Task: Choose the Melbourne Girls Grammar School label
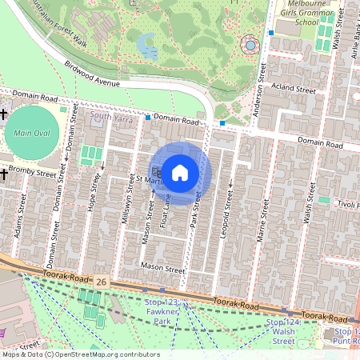pos(318,14)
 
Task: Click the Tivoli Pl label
pos(346,204)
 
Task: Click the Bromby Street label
pos(34,173)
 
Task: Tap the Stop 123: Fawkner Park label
pos(162,311)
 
